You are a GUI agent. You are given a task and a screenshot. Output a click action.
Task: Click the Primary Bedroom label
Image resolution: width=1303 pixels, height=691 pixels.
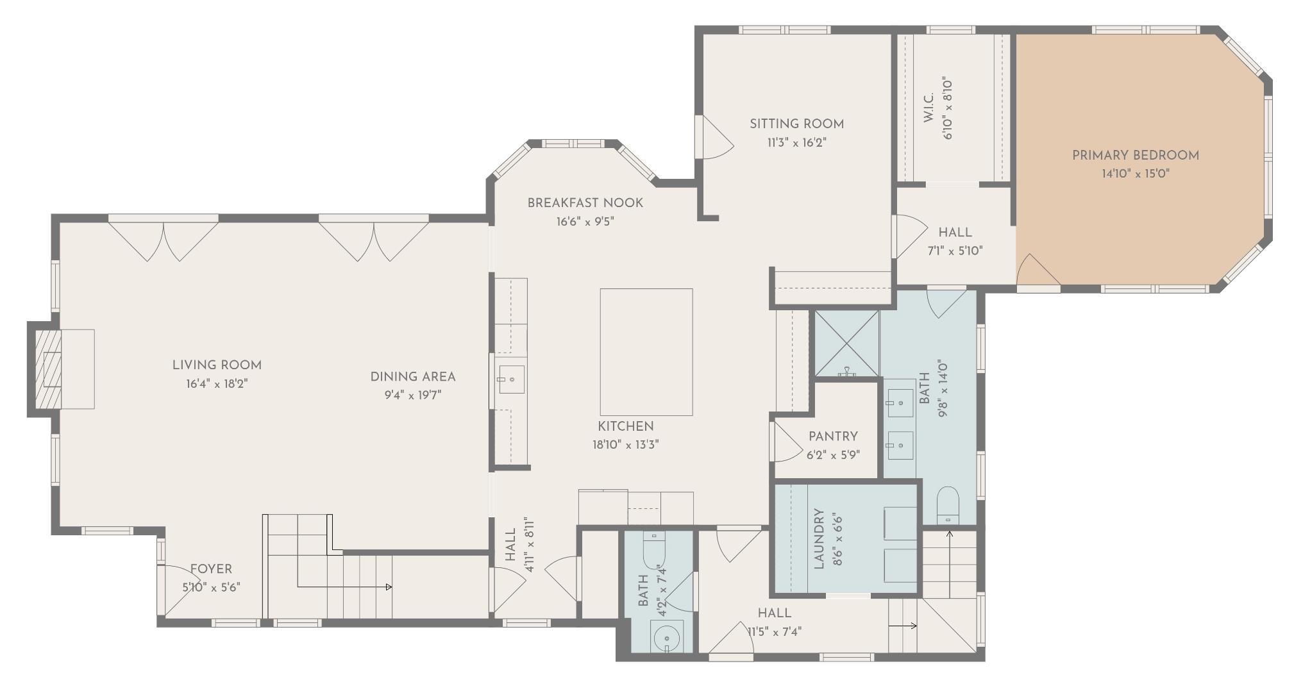(x=1135, y=155)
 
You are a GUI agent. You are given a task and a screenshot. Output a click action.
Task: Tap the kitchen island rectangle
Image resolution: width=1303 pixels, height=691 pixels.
(x=646, y=352)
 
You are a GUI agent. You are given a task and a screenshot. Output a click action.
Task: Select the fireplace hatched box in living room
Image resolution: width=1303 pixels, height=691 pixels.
(x=49, y=368)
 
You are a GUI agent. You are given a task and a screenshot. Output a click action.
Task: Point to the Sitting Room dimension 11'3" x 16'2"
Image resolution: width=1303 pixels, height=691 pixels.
(x=796, y=143)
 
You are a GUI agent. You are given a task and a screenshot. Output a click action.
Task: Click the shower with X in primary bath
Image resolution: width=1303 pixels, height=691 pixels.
(x=846, y=344)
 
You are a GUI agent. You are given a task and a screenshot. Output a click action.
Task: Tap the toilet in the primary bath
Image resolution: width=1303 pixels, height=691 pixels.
(x=948, y=504)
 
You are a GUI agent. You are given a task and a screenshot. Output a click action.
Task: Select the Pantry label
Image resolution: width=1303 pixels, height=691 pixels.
(x=832, y=437)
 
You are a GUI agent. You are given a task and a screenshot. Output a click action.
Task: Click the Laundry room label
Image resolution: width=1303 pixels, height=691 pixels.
(x=819, y=538)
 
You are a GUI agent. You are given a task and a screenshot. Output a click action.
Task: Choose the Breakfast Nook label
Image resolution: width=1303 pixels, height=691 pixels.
(x=585, y=203)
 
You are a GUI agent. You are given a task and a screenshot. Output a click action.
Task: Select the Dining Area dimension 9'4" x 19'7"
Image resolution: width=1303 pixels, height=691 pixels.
(x=413, y=395)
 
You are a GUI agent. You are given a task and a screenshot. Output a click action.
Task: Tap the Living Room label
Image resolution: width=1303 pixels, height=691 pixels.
(x=217, y=365)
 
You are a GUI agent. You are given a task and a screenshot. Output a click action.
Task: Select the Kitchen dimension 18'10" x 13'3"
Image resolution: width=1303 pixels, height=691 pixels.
(x=625, y=444)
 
